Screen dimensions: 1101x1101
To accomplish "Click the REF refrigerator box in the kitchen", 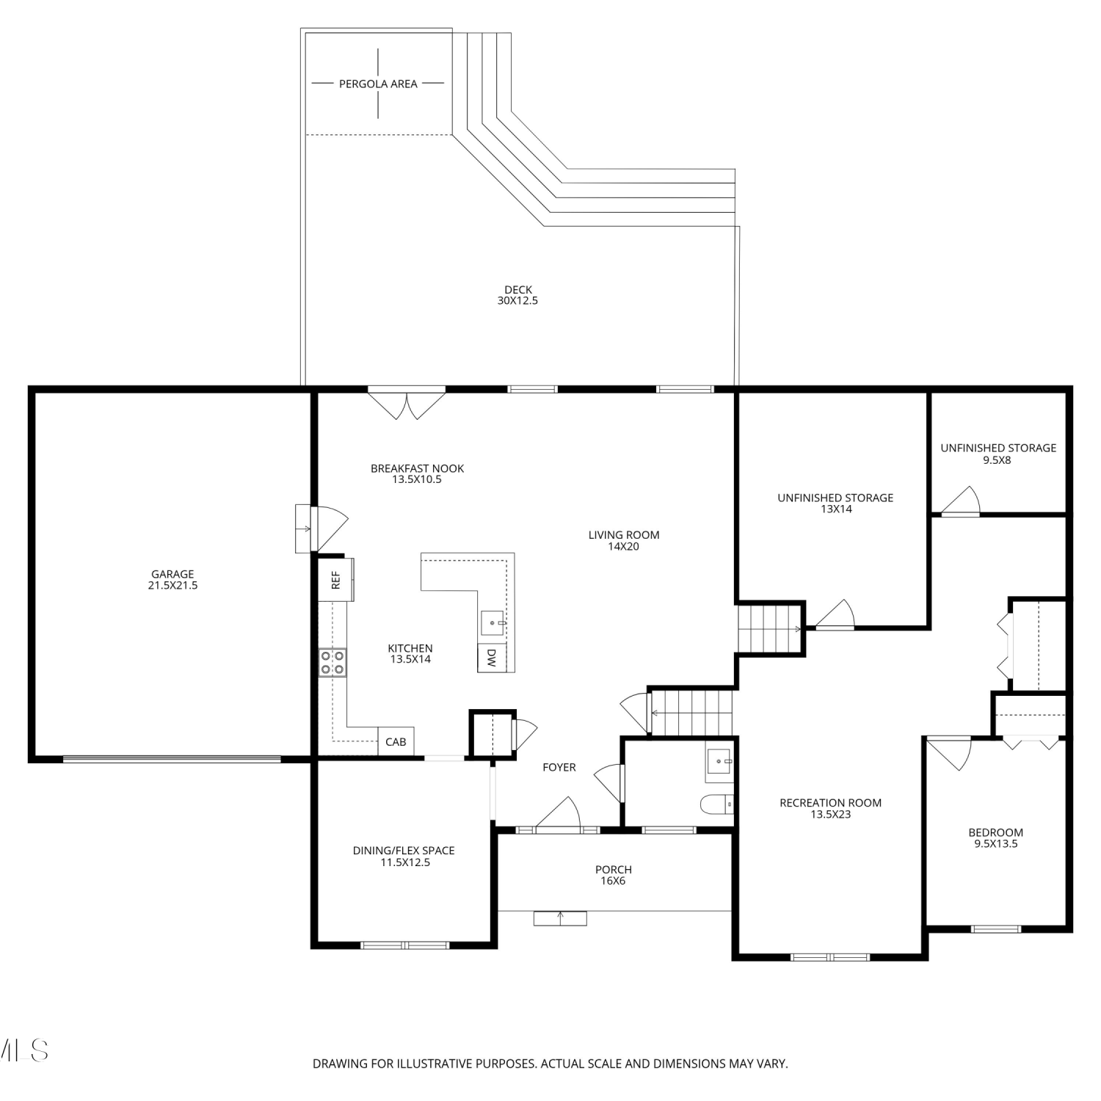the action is (335, 580).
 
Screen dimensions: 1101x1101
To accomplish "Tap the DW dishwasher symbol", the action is (491, 657).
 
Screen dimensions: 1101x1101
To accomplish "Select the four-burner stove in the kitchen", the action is (333, 662).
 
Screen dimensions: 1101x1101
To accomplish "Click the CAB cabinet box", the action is (396, 741).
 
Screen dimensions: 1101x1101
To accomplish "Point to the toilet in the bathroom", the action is (717, 805).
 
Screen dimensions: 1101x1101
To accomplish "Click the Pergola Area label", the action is (378, 84).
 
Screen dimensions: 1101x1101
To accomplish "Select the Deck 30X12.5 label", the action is (518, 295).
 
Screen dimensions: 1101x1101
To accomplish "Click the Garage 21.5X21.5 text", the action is (172, 580).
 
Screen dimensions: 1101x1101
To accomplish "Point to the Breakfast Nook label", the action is (417, 474).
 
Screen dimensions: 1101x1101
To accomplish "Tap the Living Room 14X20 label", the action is (624, 540).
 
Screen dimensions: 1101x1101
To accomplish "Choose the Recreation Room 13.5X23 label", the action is (830, 808).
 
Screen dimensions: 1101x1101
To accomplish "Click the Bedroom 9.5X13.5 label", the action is (995, 838).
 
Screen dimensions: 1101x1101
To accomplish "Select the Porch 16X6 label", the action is (614, 875).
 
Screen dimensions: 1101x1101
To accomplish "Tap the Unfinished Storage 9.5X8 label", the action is (998, 454).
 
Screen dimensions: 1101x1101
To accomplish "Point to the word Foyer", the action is (559, 767).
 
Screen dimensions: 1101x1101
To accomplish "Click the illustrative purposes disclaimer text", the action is (550, 1064).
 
